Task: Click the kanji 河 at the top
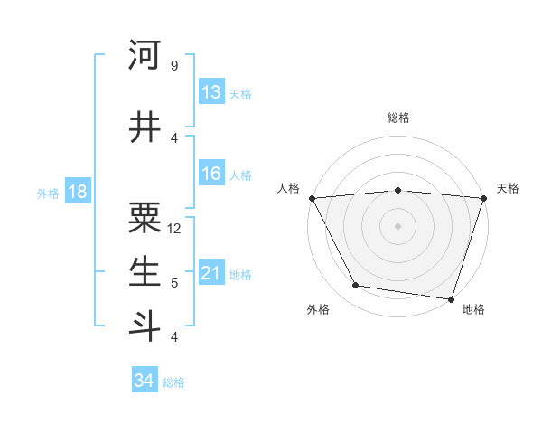coord(145,56)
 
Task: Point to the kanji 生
coord(145,270)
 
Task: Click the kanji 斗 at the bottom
coord(145,325)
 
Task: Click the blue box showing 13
coord(211,92)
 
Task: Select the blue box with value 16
coord(211,174)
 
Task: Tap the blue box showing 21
coord(211,273)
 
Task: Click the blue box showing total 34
coord(145,381)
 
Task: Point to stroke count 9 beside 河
coord(174,66)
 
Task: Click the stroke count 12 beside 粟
coord(174,229)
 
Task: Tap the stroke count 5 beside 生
coord(174,282)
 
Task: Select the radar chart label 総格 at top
coord(398,118)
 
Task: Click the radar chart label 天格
coord(508,188)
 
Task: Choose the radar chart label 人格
coord(289,188)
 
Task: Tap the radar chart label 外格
coord(318,309)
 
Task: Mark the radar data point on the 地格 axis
coord(451,299)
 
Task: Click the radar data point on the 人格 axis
coord(312,197)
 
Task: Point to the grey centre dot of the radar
coord(398,225)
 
